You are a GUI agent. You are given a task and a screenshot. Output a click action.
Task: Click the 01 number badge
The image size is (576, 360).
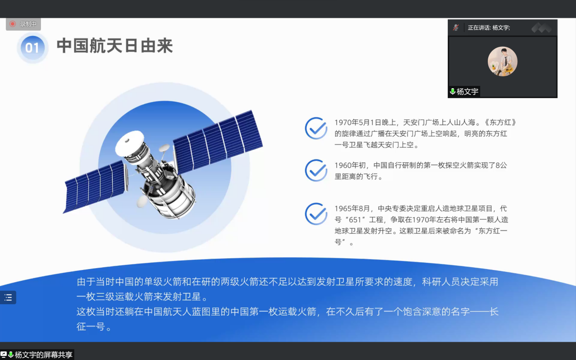point(32,48)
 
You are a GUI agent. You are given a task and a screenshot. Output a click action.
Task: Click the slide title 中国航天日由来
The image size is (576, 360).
point(115,46)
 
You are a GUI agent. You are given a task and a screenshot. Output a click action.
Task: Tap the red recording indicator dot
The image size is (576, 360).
point(12,24)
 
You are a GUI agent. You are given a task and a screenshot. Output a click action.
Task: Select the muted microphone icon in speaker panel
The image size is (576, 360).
point(456,28)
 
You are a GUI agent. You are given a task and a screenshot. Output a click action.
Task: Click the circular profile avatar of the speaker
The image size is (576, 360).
point(502,61)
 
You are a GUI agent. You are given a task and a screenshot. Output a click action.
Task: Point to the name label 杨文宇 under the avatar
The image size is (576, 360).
point(467,91)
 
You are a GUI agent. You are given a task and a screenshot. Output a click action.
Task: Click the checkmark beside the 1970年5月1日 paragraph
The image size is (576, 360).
point(316,128)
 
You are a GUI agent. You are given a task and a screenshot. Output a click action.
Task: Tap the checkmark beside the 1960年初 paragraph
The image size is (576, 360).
point(316,170)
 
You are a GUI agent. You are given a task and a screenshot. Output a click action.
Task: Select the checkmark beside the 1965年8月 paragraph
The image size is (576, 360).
point(316,214)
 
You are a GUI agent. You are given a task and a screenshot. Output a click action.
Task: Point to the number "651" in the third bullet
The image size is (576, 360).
point(355,220)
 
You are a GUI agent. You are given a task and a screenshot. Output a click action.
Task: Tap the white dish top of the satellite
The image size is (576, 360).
point(130,143)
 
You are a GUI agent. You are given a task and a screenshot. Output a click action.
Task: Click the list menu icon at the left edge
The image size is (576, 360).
point(8,298)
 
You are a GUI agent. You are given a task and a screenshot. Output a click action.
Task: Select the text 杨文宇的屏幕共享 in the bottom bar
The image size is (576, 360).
point(44,355)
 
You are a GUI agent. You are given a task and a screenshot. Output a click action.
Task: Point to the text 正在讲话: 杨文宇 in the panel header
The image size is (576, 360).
point(489,28)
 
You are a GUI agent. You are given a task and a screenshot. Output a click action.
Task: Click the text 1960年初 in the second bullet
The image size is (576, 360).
point(350,165)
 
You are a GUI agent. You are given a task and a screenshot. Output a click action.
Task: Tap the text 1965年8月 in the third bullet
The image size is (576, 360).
point(352,208)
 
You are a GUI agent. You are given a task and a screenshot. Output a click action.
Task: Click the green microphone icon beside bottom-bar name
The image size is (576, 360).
point(11,355)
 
